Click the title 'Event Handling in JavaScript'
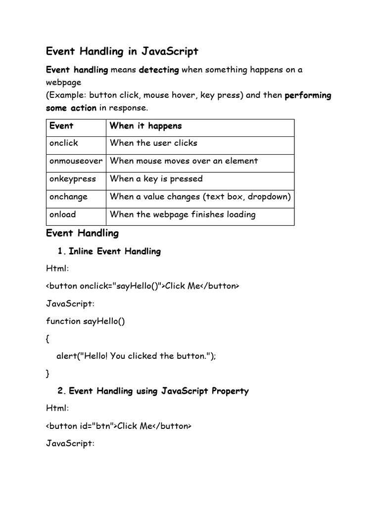(x=122, y=51)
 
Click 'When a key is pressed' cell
(x=156, y=179)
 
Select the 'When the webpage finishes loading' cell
(x=183, y=214)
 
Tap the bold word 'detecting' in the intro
(x=159, y=70)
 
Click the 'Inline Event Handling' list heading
(x=115, y=252)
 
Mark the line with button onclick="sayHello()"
(x=142, y=286)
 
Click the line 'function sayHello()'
(x=86, y=321)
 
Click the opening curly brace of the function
(x=48, y=339)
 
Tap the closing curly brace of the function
(x=48, y=374)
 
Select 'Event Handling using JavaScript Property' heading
(x=158, y=391)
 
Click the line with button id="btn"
(x=119, y=426)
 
